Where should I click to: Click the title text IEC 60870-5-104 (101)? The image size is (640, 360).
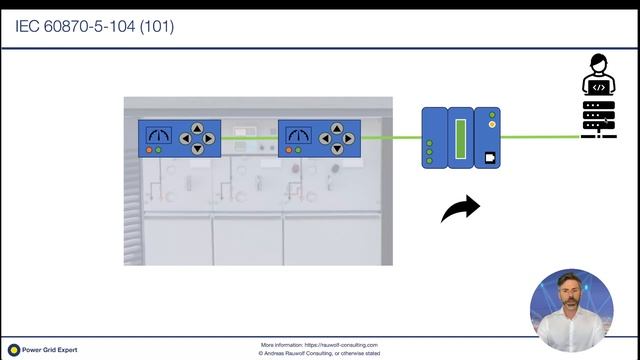click(95, 26)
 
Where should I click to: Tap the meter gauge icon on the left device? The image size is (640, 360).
click(157, 134)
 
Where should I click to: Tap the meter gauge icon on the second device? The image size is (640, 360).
click(297, 134)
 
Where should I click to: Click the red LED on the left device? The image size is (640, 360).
click(148, 150)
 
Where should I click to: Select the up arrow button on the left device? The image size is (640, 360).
click(197, 128)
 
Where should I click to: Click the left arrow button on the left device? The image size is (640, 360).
click(185, 138)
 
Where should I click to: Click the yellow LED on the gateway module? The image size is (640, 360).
click(491, 125)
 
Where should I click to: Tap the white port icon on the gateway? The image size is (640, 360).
click(491, 157)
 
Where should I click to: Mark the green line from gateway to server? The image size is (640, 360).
click(540, 138)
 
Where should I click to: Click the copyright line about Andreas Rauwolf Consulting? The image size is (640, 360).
click(319, 353)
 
